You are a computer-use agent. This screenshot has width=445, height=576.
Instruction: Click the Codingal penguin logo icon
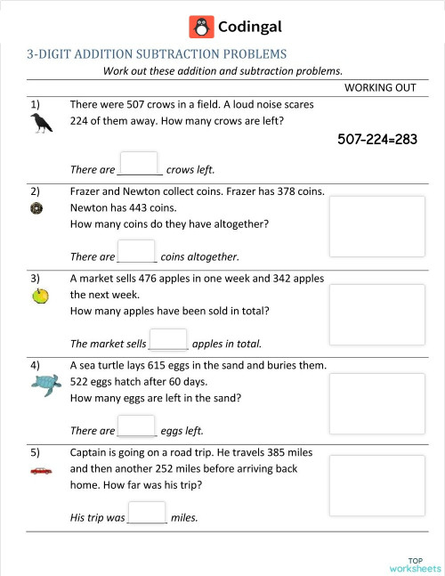[x=202, y=28]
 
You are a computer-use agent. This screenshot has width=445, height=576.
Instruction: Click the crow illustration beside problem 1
[x=41, y=125]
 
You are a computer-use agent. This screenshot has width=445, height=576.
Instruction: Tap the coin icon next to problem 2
[x=36, y=208]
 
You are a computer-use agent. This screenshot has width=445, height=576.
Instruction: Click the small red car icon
[x=41, y=469]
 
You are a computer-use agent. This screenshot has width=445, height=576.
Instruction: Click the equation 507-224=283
[x=377, y=139]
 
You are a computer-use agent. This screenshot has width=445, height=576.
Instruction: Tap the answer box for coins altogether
[x=136, y=252]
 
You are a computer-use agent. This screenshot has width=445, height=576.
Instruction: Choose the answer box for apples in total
[x=168, y=339]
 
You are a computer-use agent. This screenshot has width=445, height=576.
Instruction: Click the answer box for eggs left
[x=136, y=426]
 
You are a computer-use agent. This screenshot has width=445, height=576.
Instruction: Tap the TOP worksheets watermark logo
[x=415, y=564]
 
